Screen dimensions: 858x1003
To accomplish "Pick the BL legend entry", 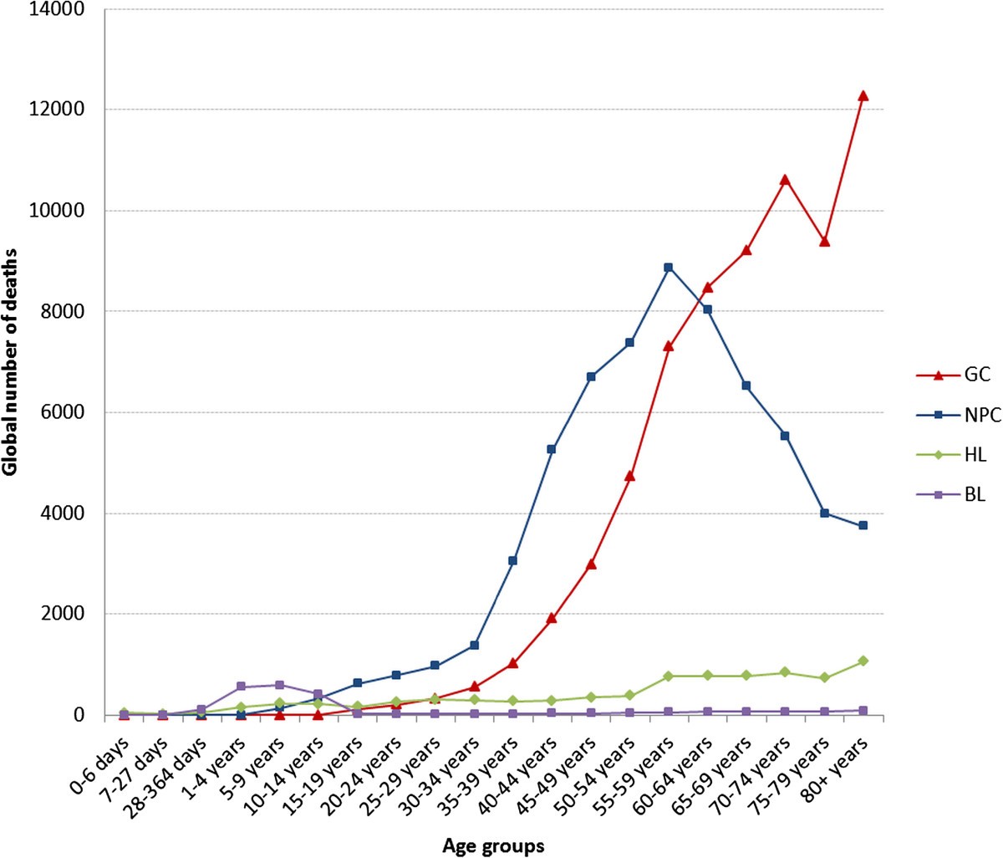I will pos(951,494).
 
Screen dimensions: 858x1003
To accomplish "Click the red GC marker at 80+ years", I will pos(863,95).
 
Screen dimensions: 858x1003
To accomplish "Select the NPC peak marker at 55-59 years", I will pos(668,268).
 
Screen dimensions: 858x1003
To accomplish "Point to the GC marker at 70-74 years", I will pos(785,179).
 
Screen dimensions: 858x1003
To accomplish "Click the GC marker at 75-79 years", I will pos(824,241).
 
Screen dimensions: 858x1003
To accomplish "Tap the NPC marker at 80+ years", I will pos(863,525).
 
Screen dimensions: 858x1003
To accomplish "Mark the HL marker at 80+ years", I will pos(863,661).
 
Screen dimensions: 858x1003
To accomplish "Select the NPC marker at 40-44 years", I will pos(552,449).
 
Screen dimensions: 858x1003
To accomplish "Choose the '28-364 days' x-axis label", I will pos(171,766).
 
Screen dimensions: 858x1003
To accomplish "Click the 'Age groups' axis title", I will pos(493,845).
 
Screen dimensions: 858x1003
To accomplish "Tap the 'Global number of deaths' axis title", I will pos(11,362).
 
